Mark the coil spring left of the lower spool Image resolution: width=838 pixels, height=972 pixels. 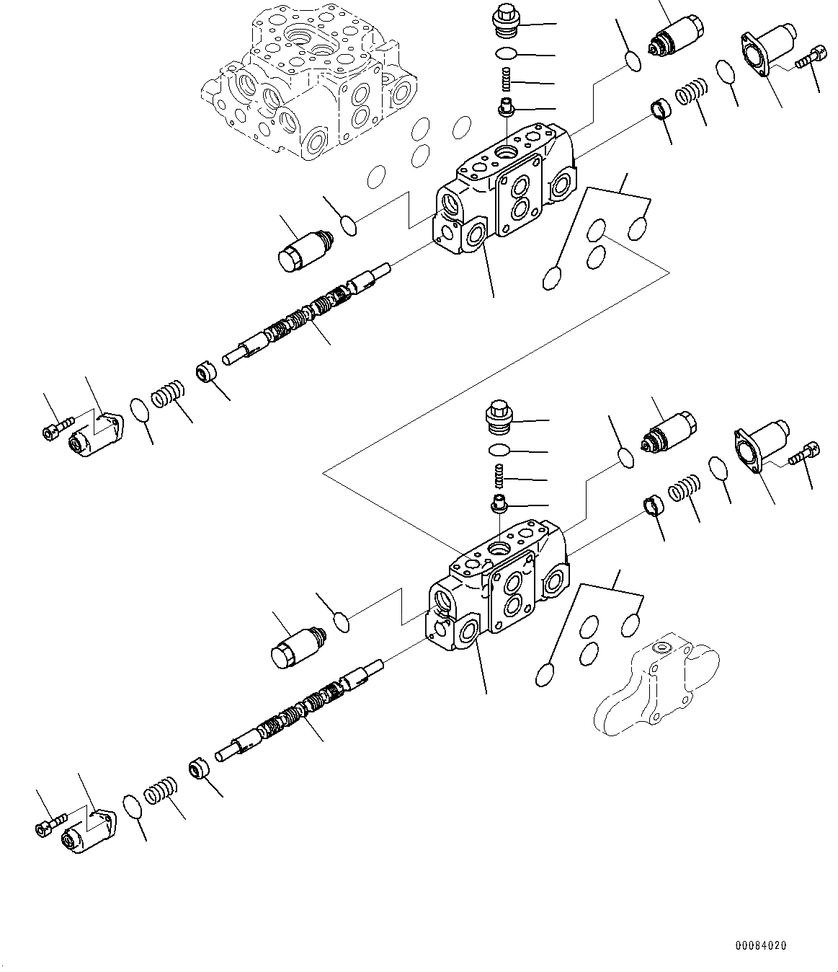[x=159, y=793]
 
